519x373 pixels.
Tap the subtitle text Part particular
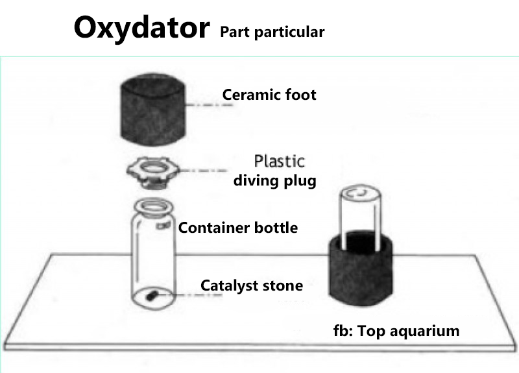[x=272, y=32]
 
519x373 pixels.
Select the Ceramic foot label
[x=269, y=95]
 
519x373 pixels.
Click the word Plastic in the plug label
[x=280, y=161]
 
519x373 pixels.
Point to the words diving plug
[x=274, y=181]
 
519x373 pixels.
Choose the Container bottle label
[x=238, y=228]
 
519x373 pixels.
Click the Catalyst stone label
[x=252, y=285]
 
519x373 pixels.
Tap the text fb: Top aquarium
[x=396, y=331]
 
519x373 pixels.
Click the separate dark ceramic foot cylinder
[x=152, y=110]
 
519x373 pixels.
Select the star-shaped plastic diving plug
[x=153, y=173]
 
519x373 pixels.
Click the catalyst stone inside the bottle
[x=152, y=295]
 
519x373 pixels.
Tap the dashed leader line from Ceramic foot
[x=209, y=105]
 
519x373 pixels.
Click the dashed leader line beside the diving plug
[x=203, y=171]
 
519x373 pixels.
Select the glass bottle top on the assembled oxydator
[x=361, y=215]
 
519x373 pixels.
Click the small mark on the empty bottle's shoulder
[x=163, y=226]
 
